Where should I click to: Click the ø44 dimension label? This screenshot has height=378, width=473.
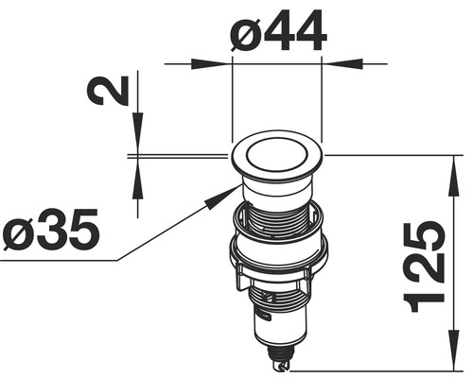pos(277,33)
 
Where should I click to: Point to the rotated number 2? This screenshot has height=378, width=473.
pos(105,92)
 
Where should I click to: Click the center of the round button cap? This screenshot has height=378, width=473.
pos(277,155)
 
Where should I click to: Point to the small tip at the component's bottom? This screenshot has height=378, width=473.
pos(281,362)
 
